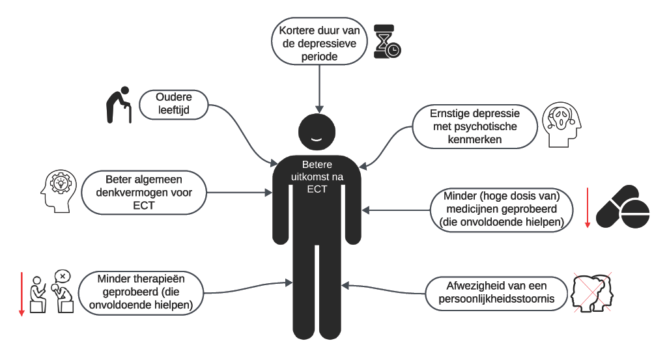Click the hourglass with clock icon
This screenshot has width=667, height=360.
(387, 42)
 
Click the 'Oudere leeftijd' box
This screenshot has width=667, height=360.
(173, 104)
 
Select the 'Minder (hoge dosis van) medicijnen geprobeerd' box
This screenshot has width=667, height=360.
(502, 208)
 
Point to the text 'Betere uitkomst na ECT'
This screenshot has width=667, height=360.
(317, 176)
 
